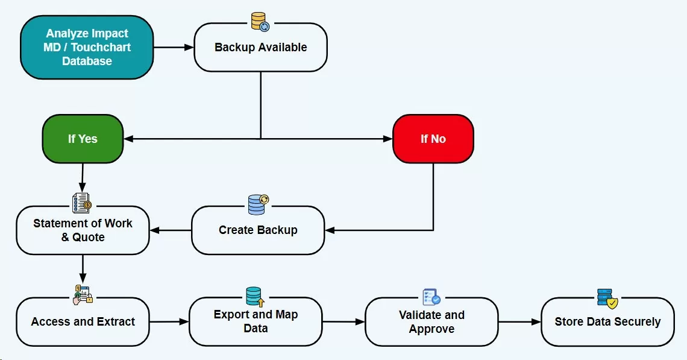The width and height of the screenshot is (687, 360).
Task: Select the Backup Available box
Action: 260,48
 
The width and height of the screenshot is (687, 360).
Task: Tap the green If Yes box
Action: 83,139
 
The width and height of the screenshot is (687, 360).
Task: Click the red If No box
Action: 433,139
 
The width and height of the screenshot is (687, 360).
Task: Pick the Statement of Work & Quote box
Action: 83,230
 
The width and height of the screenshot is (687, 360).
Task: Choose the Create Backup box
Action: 258,230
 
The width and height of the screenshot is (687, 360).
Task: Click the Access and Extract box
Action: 83,322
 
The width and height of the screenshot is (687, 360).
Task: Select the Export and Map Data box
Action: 256,321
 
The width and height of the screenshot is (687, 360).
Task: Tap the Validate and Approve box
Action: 431,322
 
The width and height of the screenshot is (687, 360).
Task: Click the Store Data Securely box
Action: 607,322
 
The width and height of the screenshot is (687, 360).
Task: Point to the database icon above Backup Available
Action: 260,21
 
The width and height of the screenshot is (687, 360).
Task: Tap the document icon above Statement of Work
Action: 81,203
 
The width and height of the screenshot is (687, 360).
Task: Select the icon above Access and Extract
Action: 83,294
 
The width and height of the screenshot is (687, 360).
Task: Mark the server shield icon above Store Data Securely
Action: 607,298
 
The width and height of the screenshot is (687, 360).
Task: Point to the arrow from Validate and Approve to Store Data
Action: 519,322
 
